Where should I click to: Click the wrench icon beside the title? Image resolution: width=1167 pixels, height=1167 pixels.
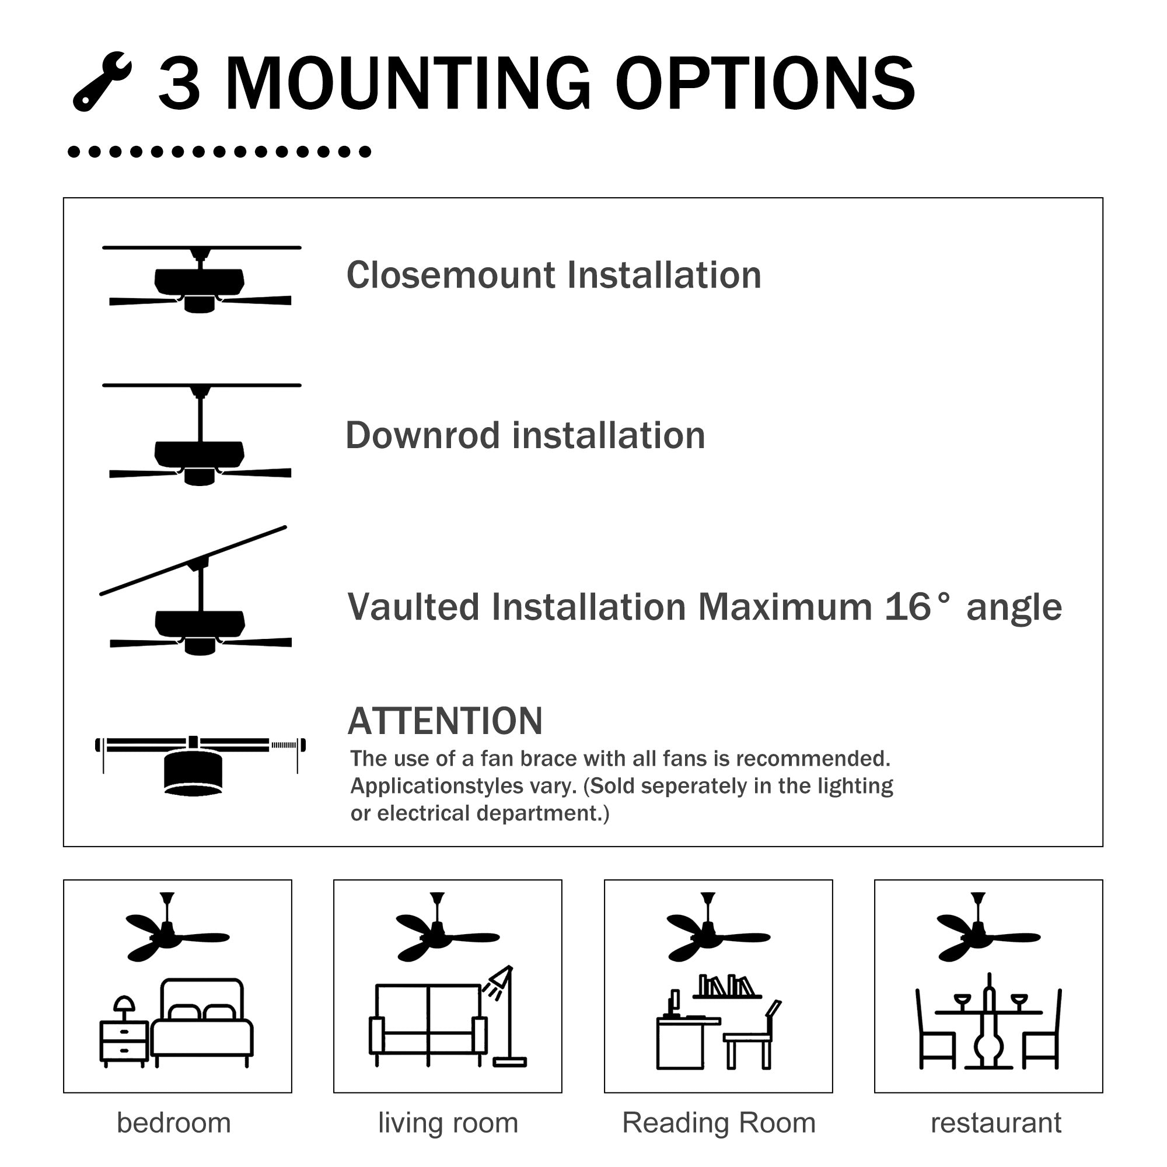pyautogui.click(x=101, y=82)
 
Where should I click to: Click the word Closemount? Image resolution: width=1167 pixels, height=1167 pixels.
pyautogui.click(x=450, y=276)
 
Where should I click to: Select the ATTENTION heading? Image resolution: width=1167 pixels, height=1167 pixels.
pyautogui.click(x=445, y=721)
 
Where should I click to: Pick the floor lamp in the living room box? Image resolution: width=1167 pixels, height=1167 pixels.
pyautogui.click(x=508, y=1021)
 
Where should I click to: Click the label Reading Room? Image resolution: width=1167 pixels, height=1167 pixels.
pyautogui.click(x=719, y=1123)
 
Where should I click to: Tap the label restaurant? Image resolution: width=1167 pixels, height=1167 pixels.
pyautogui.click(x=995, y=1123)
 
